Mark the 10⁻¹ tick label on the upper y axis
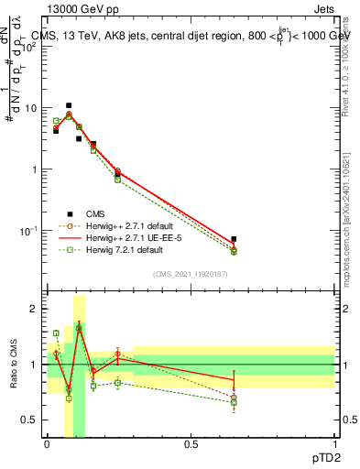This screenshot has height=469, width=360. click(x=31, y=230)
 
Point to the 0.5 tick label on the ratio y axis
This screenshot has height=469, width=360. click(x=33, y=420)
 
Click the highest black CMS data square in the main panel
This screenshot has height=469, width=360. click(x=69, y=105)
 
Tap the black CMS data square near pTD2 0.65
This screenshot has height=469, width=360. click(x=234, y=239)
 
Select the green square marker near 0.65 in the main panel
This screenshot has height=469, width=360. click(x=234, y=251)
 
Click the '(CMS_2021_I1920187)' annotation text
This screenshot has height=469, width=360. click(x=190, y=273)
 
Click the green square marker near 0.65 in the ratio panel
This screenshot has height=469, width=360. click(x=234, y=402)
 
